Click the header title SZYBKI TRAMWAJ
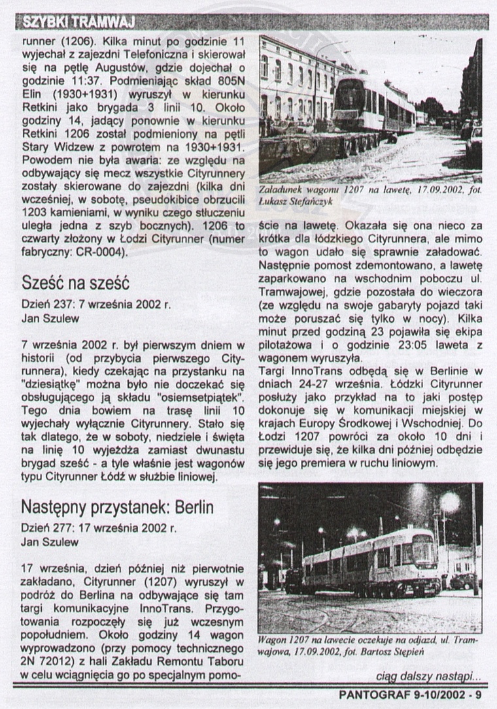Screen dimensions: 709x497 78,23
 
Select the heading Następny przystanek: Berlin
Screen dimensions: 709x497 118,506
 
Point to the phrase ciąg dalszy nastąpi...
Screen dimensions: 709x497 428,676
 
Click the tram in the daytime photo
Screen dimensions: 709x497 373,105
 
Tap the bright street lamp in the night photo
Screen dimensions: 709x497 449,503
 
